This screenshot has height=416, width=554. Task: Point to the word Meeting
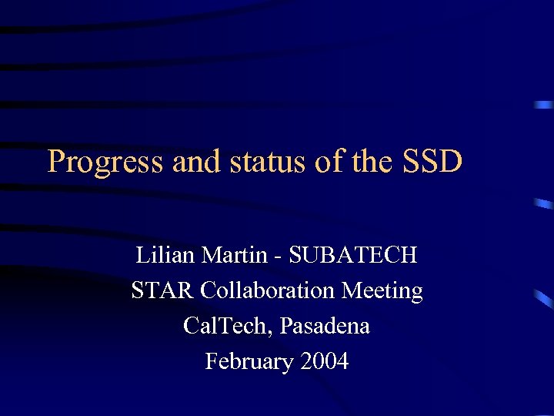click(382, 291)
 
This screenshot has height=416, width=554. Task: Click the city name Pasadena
click(325, 326)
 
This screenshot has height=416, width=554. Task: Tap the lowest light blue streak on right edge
click(544, 299)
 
